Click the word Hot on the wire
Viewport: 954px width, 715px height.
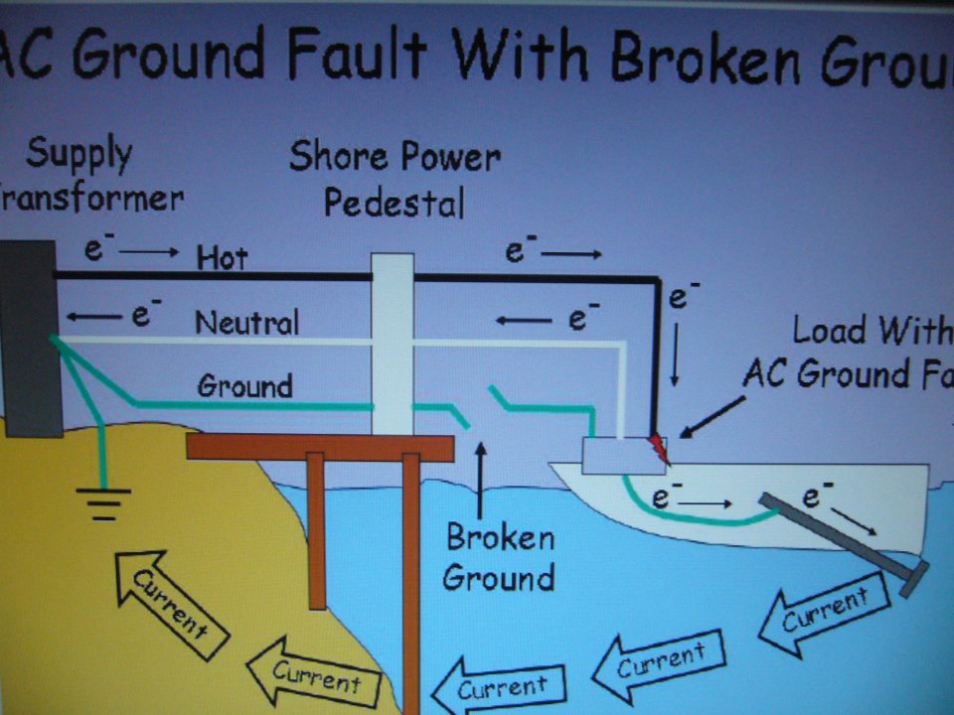(223, 258)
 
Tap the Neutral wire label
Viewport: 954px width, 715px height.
(246, 322)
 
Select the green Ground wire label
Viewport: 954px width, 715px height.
(244, 385)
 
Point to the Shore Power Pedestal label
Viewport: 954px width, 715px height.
(395, 179)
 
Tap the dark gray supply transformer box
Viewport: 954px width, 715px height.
(27, 338)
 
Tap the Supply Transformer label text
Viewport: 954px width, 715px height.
(84, 177)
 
